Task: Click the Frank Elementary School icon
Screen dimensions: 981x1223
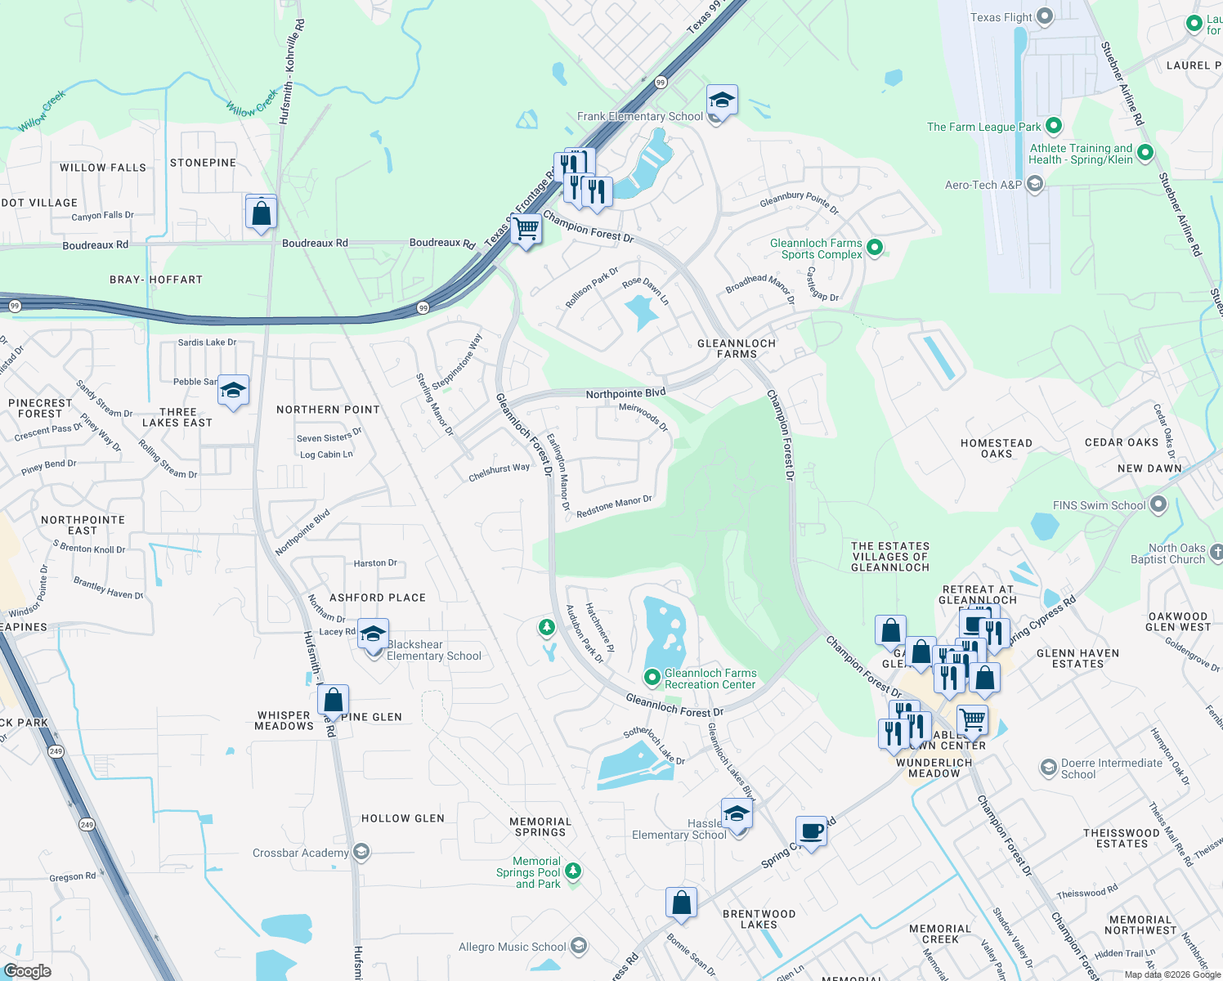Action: click(722, 101)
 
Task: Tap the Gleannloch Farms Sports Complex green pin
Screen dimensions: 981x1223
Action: click(875, 247)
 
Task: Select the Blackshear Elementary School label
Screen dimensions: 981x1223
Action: click(433, 651)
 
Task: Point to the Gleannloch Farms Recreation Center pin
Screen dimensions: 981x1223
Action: click(652, 677)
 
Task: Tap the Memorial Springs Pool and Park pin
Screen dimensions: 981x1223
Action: click(573, 871)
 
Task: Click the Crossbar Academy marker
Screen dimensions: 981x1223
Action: click(361, 853)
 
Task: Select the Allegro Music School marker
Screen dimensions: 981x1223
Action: click(579, 947)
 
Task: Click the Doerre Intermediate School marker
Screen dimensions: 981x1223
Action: click(1048, 768)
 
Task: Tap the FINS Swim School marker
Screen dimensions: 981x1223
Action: click(1158, 505)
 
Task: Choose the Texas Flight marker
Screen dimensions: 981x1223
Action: click(1045, 16)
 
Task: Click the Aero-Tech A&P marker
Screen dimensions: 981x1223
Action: click(1034, 185)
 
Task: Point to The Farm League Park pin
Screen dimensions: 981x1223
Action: click(1054, 126)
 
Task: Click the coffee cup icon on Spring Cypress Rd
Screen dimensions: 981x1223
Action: click(811, 831)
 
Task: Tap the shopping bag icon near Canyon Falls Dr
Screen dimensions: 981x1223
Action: click(261, 213)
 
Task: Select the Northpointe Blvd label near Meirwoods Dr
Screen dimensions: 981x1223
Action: click(625, 394)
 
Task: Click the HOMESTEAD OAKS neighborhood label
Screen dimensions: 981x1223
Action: click(996, 448)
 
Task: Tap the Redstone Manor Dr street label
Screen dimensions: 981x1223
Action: click(614, 507)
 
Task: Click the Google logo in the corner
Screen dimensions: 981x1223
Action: click(28, 970)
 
